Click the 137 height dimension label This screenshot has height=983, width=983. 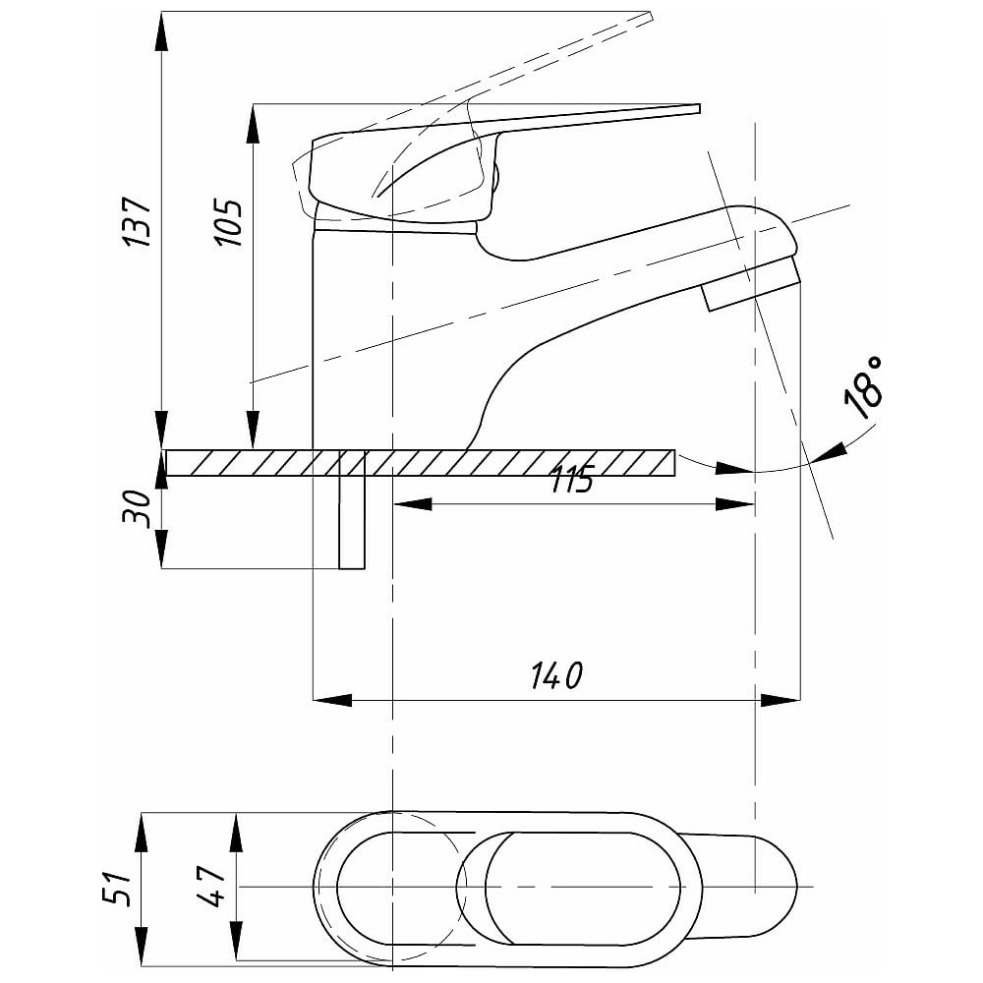(137, 222)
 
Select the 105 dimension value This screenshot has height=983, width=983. (227, 223)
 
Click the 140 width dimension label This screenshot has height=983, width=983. (557, 676)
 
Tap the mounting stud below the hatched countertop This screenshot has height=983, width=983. (351, 521)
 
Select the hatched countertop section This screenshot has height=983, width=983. (511, 462)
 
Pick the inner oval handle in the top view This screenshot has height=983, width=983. (580, 888)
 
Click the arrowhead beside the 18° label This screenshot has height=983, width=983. (828, 451)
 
